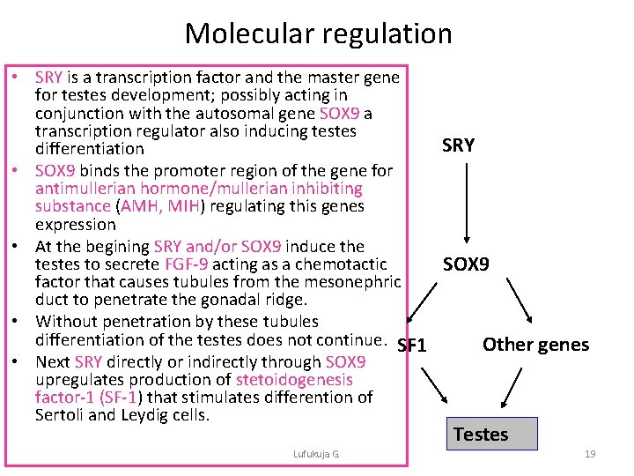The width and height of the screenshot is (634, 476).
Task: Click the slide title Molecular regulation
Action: pyautogui.click(x=318, y=33)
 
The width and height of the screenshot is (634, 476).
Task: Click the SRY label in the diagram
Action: pyautogui.click(x=458, y=145)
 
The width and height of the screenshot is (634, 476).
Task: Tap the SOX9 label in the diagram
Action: pyautogui.click(x=466, y=264)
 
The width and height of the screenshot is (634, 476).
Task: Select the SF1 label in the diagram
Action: pyautogui.click(x=412, y=346)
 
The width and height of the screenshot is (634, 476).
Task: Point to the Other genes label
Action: pyautogui.click(x=535, y=345)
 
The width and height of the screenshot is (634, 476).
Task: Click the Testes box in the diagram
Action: pyautogui.click(x=480, y=434)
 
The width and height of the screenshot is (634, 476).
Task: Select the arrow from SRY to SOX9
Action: pyautogui.click(x=466, y=203)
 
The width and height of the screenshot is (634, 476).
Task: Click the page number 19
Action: pyautogui.click(x=590, y=454)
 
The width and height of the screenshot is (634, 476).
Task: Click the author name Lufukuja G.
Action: pyautogui.click(x=317, y=454)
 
